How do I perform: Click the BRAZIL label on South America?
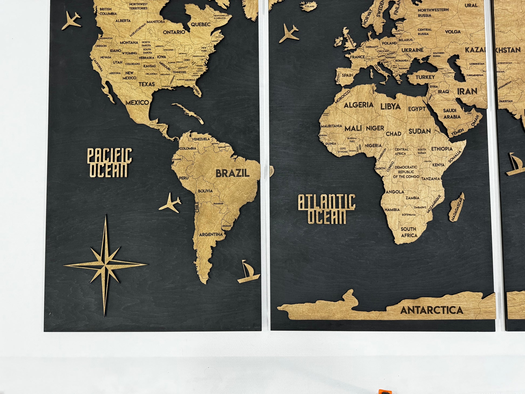(232, 173)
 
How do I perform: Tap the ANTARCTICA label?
(432, 310)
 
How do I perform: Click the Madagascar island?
(456, 207)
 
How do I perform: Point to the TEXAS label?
(147, 84)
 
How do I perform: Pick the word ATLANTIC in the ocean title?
(326, 202)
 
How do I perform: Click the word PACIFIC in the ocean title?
(110, 155)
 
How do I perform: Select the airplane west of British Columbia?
(71, 21)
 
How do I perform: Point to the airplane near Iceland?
(289, 33)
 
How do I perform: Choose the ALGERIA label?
(359, 105)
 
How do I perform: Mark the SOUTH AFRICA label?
(409, 232)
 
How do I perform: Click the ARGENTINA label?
(211, 235)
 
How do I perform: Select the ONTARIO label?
(174, 32)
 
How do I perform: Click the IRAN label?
(467, 91)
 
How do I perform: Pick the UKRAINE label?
(412, 50)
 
